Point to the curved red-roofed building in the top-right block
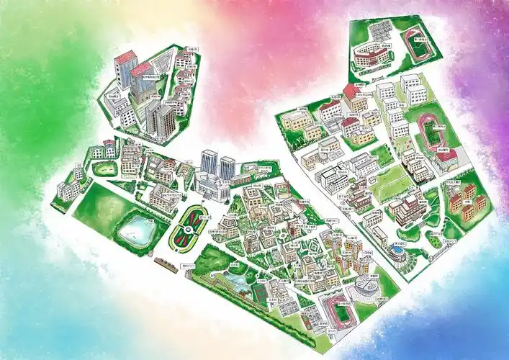(x=368, y=55)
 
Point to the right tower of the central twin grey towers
(x=227, y=168)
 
